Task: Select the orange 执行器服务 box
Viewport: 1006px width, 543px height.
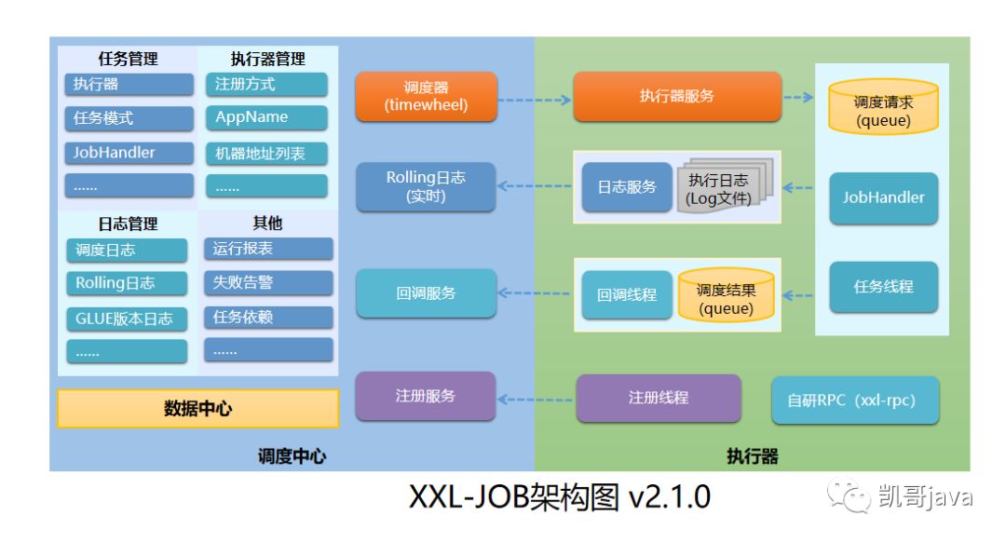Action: point(676,97)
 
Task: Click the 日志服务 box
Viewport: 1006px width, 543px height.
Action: point(626,187)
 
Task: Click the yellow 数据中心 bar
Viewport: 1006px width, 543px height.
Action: point(197,408)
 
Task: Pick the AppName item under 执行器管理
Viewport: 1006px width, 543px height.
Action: point(265,117)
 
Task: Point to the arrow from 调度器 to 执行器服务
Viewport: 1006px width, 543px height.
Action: point(534,97)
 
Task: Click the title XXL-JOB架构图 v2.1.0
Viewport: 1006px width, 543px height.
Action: point(559,498)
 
